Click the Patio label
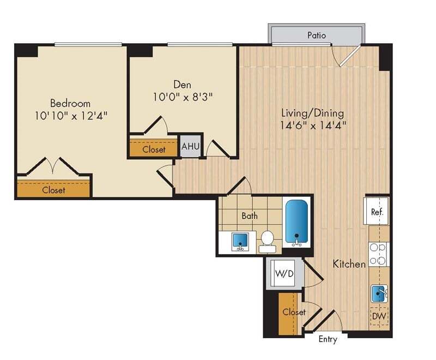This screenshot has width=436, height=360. coord(316,35)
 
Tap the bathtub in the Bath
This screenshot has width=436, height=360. coord(296,222)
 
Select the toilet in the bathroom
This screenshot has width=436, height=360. coord(267,239)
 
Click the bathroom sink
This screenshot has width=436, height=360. coord(239,241)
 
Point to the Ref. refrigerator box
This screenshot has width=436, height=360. coord(377,212)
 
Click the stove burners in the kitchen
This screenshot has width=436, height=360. coord(379,254)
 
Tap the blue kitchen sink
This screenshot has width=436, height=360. coord(379,294)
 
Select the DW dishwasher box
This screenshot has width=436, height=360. coord(379,315)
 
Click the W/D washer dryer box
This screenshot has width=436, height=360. coord(284,273)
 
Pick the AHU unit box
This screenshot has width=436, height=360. coord(190,146)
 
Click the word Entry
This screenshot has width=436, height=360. coord(328,339)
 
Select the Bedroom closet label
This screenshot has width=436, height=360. coord(53,190)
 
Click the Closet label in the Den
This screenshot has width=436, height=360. coord(154,149)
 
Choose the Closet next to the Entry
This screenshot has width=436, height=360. coord(294,313)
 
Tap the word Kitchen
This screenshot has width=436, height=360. coord(349,264)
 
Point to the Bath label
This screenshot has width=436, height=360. coord(250,215)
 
